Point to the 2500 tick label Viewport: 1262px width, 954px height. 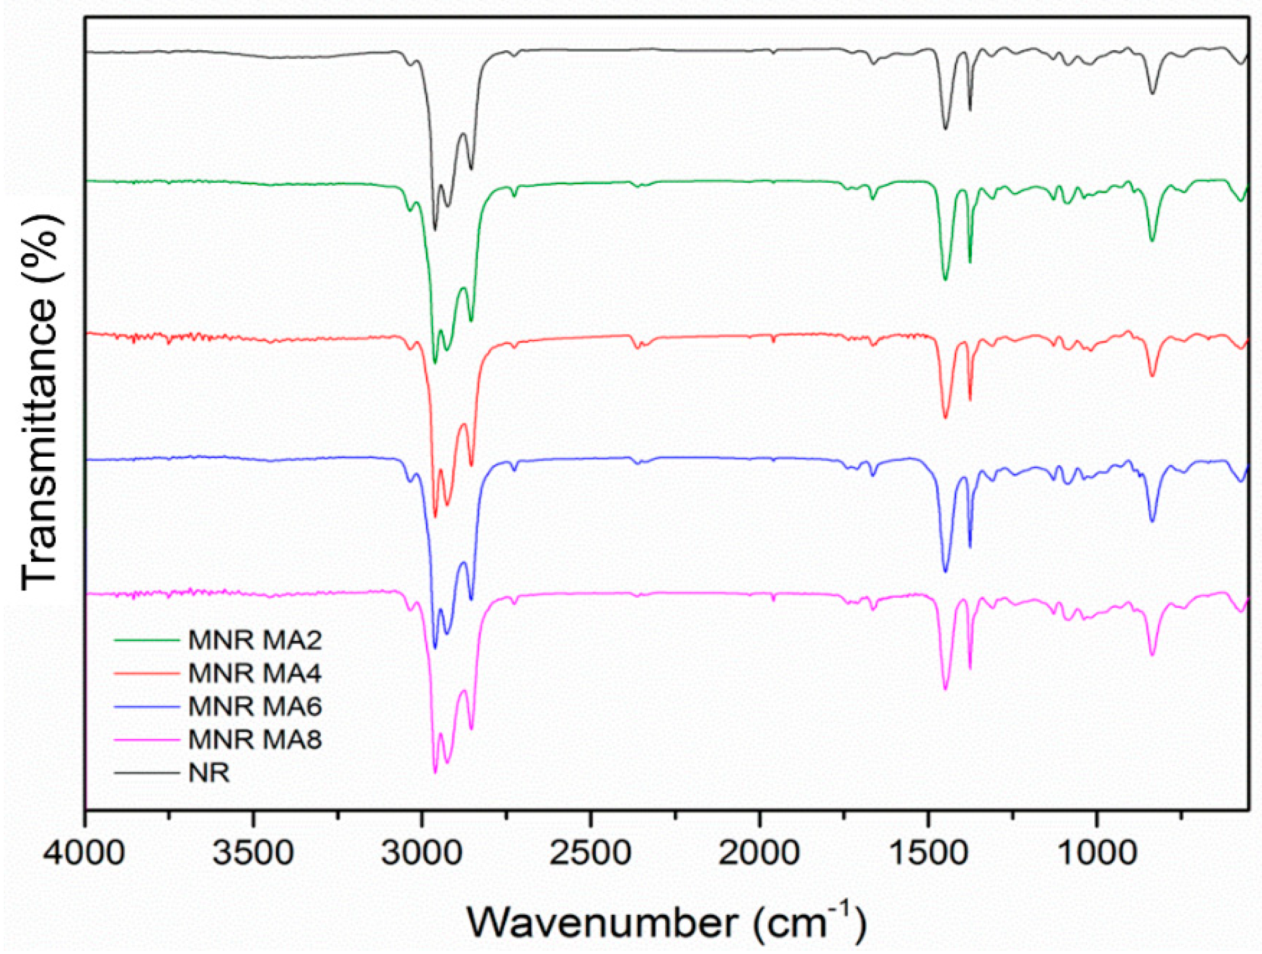point(591,853)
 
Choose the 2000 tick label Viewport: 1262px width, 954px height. point(759,853)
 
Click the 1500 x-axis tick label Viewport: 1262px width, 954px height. point(928,853)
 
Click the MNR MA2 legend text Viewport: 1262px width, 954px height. point(255,640)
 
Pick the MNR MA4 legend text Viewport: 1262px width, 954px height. point(255,673)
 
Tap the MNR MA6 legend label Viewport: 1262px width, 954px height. point(255,706)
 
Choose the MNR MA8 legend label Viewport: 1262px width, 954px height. point(255,740)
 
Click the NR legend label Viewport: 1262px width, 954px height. point(209,773)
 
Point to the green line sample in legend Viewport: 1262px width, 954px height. point(147,640)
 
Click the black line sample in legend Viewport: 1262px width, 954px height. point(147,773)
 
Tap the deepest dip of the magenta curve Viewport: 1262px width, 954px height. point(435,773)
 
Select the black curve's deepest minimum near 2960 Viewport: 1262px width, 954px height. point(435,230)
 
